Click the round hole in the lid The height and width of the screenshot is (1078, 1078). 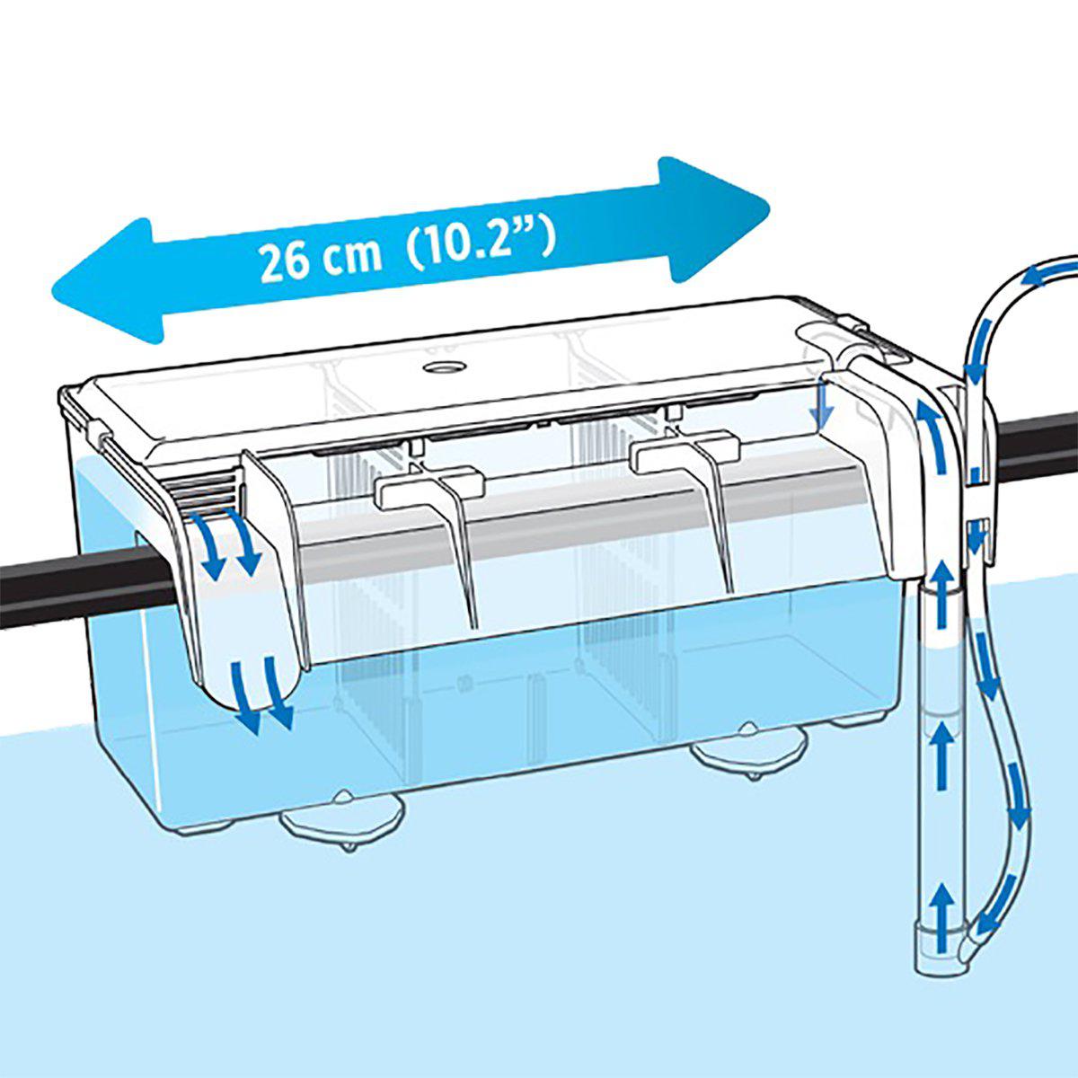(441, 367)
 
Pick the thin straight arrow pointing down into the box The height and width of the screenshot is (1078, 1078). (818, 408)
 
